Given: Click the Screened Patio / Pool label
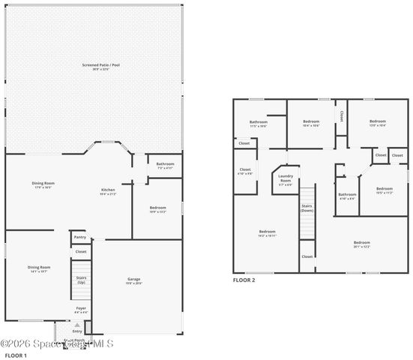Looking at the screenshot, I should (x=100, y=67).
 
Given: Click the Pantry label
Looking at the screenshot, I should (x=81, y=238).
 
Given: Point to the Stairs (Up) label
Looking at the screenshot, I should (x=81, y=280).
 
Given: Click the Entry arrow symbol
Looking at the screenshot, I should (x=76, y=325).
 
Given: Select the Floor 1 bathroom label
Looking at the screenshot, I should (x=166, y=165).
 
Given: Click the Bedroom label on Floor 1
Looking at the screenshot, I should (x=157, y=209).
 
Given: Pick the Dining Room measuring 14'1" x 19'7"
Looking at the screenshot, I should (x=39, y=268).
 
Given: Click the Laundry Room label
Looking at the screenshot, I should (x=285, y=180).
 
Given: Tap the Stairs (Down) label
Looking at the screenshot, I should (x=307, y=208).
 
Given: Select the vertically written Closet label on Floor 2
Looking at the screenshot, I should (x=342, y=116).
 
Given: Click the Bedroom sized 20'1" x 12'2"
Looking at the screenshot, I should (x=362, y=244).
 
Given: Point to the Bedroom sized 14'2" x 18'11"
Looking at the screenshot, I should (x=268, y=233).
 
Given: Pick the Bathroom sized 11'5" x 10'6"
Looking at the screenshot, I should (x=259, y=123).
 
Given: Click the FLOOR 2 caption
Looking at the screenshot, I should (x=244, y=280).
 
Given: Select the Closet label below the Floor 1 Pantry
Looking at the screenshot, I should (x=81, y=252).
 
